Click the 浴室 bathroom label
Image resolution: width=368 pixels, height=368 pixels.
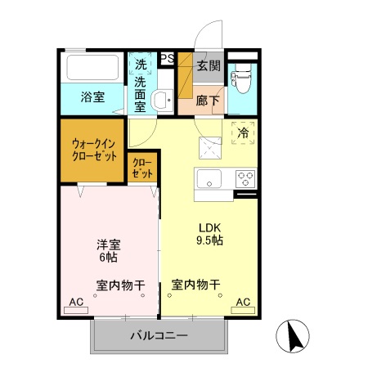(92, 97)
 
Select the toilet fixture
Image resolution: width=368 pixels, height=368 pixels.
(241, 80)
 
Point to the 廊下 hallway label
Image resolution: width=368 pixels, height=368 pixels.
(209, 100)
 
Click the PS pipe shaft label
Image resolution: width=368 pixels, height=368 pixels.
(167, 58)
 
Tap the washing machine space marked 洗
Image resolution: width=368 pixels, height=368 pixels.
(141, 65)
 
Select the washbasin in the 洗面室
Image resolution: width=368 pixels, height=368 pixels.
(162, 101)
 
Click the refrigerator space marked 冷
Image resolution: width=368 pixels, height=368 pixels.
(243, 132)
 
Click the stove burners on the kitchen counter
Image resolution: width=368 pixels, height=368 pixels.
(244, 177)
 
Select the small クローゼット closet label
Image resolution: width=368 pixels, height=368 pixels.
(142, 168)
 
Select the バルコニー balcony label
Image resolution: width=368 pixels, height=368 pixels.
(159, 335)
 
